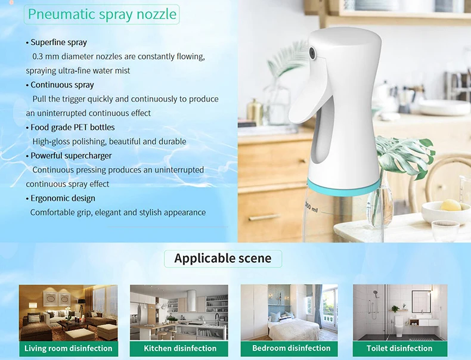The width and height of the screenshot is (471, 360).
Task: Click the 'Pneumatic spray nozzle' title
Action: tap(103, 14)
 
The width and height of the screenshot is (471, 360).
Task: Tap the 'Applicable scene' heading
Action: tap(222, 258)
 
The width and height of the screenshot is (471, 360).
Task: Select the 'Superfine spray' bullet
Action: tap(58, 42)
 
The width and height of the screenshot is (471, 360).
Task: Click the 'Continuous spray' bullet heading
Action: tap(62, 85)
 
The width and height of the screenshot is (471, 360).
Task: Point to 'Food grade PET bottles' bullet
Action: tap(72, 127)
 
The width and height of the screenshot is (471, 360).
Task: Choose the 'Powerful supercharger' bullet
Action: tap(71, 156)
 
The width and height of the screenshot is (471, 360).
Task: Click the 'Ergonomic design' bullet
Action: tap(63, 198)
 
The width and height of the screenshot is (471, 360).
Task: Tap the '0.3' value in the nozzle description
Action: tap(37, 57)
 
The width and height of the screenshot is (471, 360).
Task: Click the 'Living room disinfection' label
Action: tap(68, 348)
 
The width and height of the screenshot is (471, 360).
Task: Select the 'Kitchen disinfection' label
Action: tap(180, 348)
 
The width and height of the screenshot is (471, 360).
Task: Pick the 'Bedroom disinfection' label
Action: tap(291, 348)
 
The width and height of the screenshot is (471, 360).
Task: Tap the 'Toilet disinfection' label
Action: tap(399, 348)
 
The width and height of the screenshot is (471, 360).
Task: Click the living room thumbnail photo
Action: tap(68, 312)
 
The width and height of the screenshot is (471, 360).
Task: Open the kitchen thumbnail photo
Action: tap(179, 312)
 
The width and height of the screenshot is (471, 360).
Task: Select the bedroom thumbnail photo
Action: tap(289, 312)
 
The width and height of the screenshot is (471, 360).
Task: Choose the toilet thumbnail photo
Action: tap(399, 312)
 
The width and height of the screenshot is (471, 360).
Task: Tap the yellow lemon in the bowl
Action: tap(451, 206)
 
